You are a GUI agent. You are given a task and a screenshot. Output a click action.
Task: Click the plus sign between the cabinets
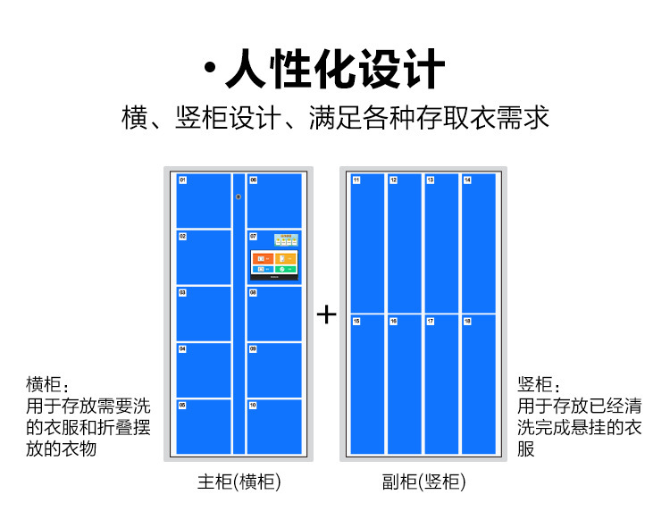click(327, 314)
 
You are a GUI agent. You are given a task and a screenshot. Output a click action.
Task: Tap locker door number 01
click(204, 200)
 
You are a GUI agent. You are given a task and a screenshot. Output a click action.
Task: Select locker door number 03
click(204, 313)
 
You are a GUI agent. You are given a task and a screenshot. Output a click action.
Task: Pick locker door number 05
click(204, 426)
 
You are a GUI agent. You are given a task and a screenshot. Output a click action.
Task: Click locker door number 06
click(274, 200)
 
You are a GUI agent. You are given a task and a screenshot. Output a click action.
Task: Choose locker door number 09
click(274, 370)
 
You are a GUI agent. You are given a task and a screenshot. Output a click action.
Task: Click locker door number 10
click(274, 426)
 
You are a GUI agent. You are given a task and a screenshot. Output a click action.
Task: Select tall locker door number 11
click(367, 243)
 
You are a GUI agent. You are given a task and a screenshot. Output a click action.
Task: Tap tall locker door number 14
click(478, 243)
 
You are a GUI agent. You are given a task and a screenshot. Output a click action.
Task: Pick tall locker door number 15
click(367, 384)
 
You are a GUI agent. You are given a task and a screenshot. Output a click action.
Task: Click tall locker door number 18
click(478, 384)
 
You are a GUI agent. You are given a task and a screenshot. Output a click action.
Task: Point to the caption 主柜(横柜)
click(239, 482)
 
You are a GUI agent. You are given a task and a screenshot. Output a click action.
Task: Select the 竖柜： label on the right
click(540, 385)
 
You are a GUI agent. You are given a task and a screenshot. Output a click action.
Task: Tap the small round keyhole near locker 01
click(239, 197)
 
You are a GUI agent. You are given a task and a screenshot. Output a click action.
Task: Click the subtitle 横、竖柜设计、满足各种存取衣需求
click(335, 118)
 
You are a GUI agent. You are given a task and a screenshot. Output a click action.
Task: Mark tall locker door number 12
click(405, 243)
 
